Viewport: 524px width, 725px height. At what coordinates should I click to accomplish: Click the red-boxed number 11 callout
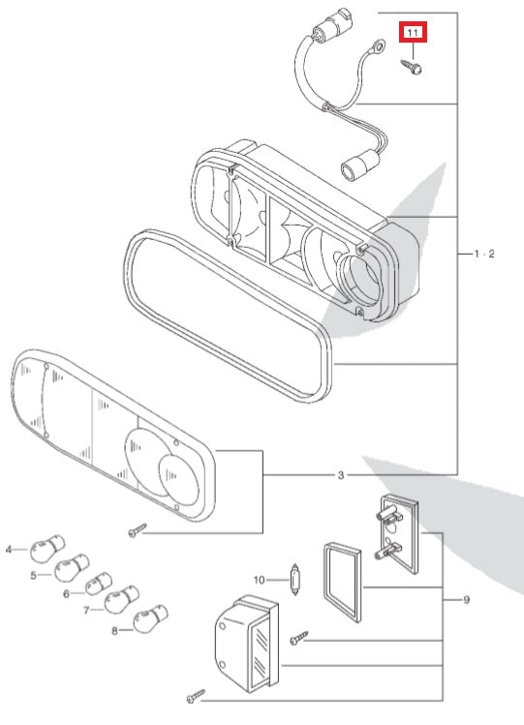[414, 35]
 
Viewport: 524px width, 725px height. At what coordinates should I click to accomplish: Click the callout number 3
[340, 475]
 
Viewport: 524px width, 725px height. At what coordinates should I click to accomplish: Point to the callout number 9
[466, 600]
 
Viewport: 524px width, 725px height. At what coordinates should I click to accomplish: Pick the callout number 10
[259, 580]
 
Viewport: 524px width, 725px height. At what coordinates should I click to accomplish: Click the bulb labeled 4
[40, 551]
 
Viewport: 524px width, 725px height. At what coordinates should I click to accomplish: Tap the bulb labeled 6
[96, 586]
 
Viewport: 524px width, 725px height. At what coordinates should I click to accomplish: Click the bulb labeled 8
[148, 619]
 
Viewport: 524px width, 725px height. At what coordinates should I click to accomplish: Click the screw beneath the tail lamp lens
[137, 529]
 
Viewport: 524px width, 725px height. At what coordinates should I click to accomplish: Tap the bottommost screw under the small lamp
[196, 695]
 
